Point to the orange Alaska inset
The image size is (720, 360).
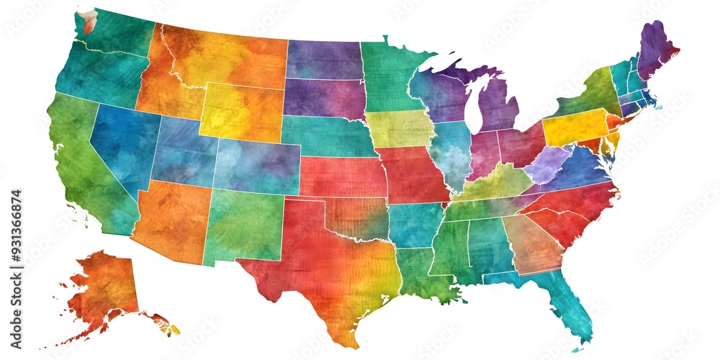point(108,288)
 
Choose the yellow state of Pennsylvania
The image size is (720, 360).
point(575,127)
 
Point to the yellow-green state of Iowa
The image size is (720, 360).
point(400,128)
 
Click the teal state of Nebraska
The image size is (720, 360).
point(328,135)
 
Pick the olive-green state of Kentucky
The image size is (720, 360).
point(497,183)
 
